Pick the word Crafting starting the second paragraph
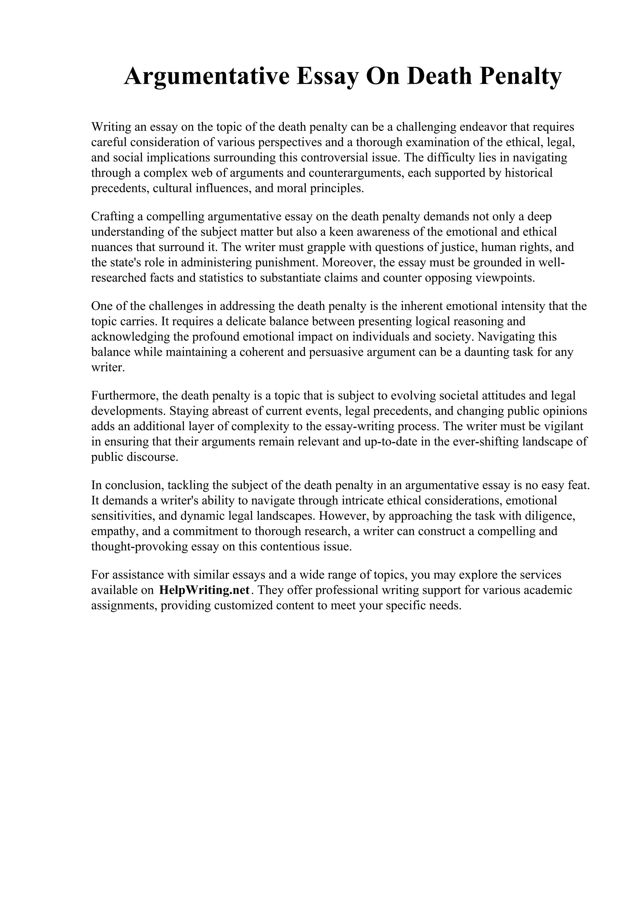tap(112, 217)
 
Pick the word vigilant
tap(562, 426)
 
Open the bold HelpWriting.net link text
tap(204, 590)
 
